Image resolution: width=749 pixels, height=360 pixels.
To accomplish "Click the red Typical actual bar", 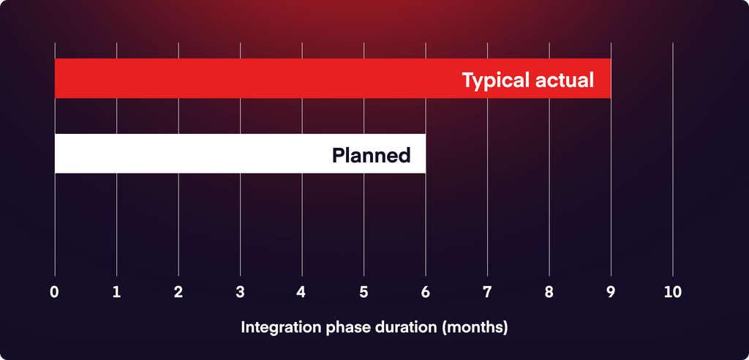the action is [333, 78].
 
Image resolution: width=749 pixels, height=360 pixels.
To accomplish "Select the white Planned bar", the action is [240, 154].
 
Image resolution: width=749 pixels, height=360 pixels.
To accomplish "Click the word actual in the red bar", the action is [565, 80].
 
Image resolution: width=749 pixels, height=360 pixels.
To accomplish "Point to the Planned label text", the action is [371, 155].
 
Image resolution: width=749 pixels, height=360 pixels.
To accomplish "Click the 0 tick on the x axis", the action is [54, 293].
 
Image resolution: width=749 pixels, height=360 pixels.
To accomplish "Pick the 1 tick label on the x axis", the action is [116, 293].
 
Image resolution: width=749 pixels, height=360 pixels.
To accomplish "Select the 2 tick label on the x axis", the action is [178, 293].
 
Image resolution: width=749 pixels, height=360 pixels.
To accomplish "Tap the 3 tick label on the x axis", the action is [240, 293].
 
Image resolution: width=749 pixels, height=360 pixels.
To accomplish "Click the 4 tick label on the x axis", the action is [301, 293].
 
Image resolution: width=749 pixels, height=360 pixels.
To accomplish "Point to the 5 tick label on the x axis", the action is [364, 293].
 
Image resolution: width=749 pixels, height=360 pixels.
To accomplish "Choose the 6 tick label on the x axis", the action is [425, 293].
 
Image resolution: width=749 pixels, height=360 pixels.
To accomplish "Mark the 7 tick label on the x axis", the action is [487, 293].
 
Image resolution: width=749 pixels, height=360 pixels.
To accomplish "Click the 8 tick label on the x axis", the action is [549, 293].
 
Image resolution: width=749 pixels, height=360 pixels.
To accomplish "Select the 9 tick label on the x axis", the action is [611, 293].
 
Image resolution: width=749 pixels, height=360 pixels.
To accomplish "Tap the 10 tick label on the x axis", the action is [673, 293].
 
